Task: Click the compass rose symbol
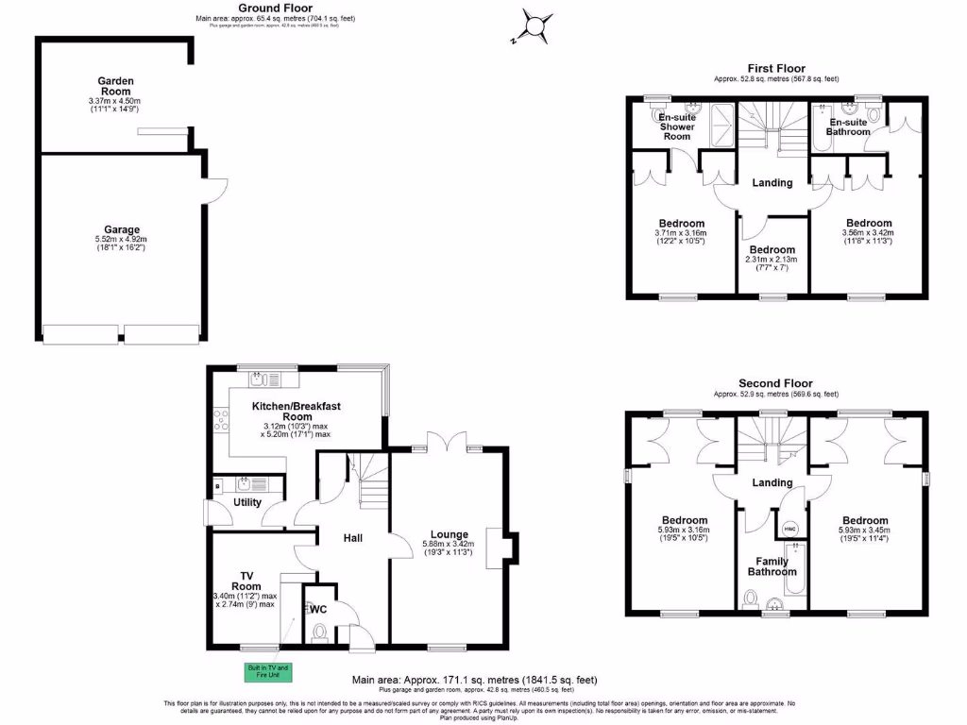[x=536, y=25]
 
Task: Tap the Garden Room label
[x=117, y=85]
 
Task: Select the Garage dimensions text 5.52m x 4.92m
[x=122, y=240]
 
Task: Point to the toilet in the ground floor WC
[x=318, y=631]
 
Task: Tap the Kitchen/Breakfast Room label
[x=296, y=411]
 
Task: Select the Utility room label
[x=247, y=503]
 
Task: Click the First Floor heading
[x=776, y=68]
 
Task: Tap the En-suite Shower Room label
[x=676, y=126]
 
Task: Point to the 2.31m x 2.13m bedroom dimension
[x=772, y=260]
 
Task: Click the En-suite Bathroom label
[x=848, y=126]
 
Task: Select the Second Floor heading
[x=776, y=383]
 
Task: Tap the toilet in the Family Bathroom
[x=752, y=598]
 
